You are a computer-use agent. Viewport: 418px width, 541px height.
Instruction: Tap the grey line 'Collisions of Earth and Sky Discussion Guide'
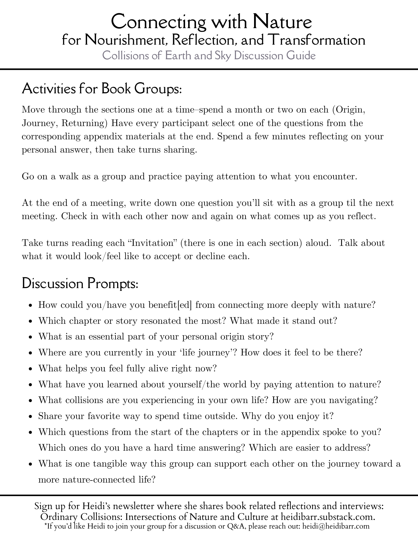pyautogui.click(x=209, y=56)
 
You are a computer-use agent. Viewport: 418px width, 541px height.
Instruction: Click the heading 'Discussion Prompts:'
pyautogui.click(x=80, y=284)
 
